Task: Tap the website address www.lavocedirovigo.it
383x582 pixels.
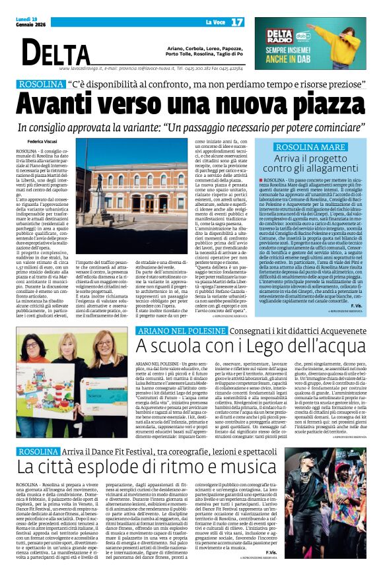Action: pos(79,68)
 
